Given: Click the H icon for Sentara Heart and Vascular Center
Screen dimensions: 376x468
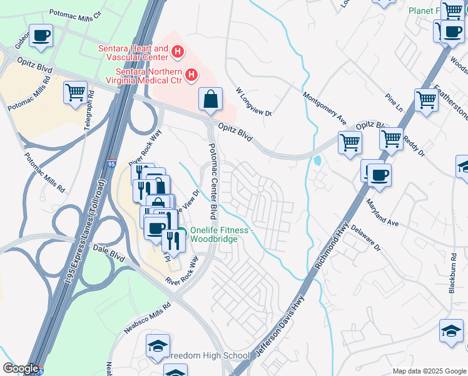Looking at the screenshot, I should [178, 51].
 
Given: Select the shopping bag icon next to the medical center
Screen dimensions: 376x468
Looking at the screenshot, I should [211, 99].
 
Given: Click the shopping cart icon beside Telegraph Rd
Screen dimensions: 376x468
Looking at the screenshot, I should [75, 93].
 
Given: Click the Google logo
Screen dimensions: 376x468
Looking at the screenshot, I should [21, 368].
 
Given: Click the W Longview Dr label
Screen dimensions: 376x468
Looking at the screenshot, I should [253, 102].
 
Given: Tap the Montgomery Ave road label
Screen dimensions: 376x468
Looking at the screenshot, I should [324, 108].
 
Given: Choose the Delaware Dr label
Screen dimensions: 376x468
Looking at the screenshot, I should [365, 239].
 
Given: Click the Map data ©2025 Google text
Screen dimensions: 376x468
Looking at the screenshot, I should [429, 371].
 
